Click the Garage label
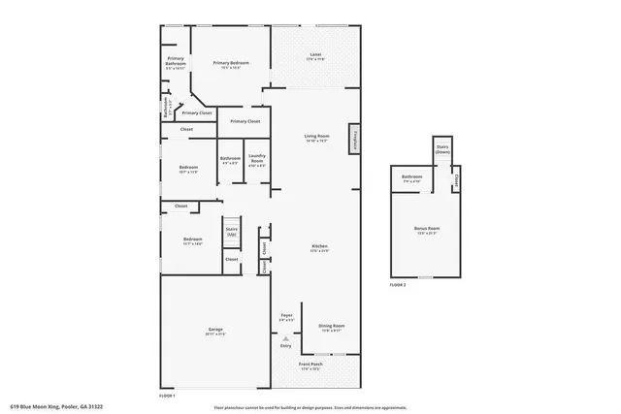[215, 332]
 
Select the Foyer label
[286, 317]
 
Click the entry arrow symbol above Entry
[286, 337]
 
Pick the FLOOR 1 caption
[168, 396]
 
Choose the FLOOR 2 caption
[398, 285]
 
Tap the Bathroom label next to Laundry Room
[230, 161]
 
